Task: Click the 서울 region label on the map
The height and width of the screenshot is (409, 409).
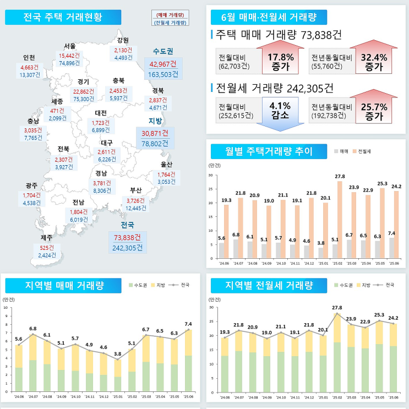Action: pyautogui.click(x=70, y=46)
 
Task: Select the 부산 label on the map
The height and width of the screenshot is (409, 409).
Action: pyautogui.click(x=135, y=190)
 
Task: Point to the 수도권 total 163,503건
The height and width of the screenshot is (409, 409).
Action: pyautogui.click(x=163, y=74)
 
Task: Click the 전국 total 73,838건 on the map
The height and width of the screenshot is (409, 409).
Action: pyautogui.click(x=127, y=237)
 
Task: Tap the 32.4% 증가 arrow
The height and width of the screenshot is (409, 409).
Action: pyautogui.click(x=373, y=59)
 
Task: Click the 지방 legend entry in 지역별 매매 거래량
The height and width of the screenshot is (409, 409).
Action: pyautogui.click(x=157, y=285)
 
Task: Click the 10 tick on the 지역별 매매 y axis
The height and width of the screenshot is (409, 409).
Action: pyautogui.click(x=6, y=308)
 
